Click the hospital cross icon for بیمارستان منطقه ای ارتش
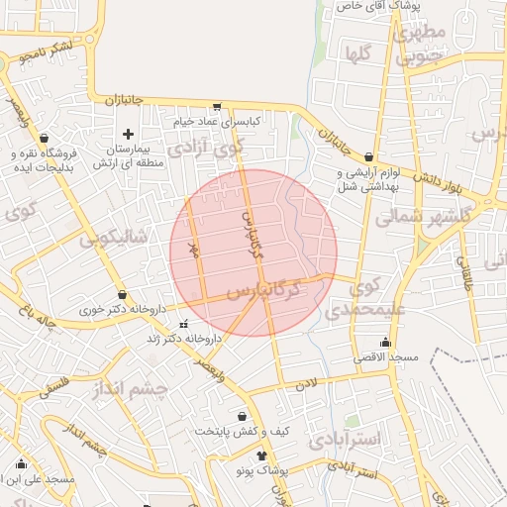[127, 134]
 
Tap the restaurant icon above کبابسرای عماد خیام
[217, 106]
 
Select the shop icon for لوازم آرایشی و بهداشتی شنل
[369, 156]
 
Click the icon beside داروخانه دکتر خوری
[122, 294]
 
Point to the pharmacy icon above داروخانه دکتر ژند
[183, 325]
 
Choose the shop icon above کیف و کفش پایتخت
[243, 417]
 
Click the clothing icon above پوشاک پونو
[261, 456]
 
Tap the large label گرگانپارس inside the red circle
[262, 290]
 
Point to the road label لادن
[308, 381]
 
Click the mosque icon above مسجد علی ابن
[22, 463]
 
